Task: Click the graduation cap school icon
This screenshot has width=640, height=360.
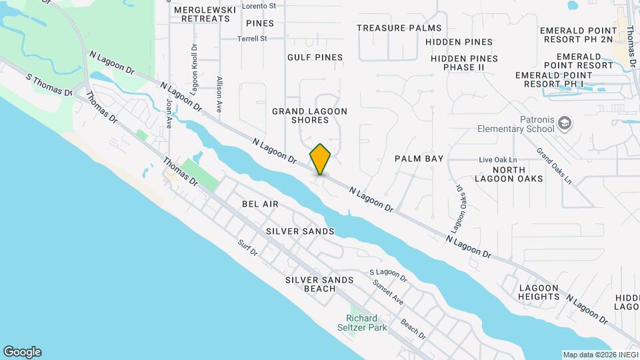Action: click(x=565, y=123)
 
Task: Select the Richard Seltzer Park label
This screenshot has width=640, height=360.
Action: click(x=362, y=323)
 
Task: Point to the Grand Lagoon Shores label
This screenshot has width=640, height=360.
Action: click(x=309, y=115)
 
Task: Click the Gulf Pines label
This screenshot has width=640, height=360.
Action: click(x=315, y=58)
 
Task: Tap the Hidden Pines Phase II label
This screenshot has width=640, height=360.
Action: click(x=464, y=63)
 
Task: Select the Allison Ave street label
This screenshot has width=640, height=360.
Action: click(x=219, y=93)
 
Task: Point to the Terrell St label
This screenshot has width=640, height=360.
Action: click(x=252, y=39)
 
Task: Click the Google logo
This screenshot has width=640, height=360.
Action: click(x=22, y=351)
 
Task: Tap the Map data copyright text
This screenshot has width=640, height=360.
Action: click(x=599, y=355)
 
